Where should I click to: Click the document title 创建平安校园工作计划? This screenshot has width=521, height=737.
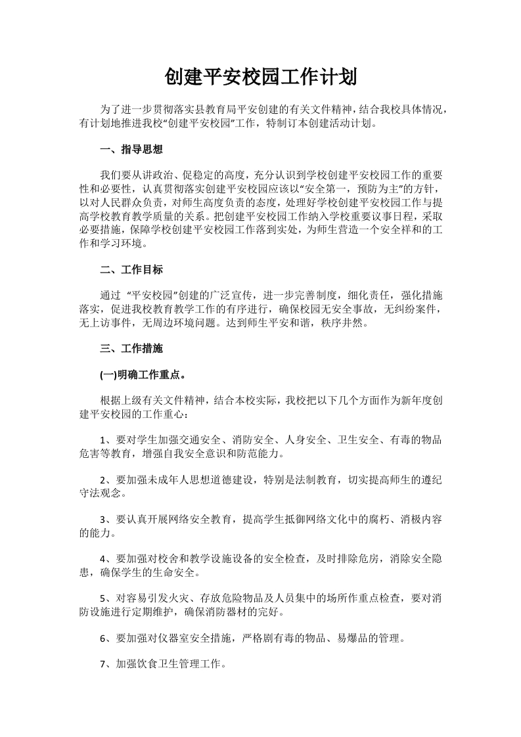(260, 78)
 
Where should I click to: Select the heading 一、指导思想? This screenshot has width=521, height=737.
(131, 149)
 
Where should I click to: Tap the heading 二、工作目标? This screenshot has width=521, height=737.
(131, 270)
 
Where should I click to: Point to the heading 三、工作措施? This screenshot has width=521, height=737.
(131, 348)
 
